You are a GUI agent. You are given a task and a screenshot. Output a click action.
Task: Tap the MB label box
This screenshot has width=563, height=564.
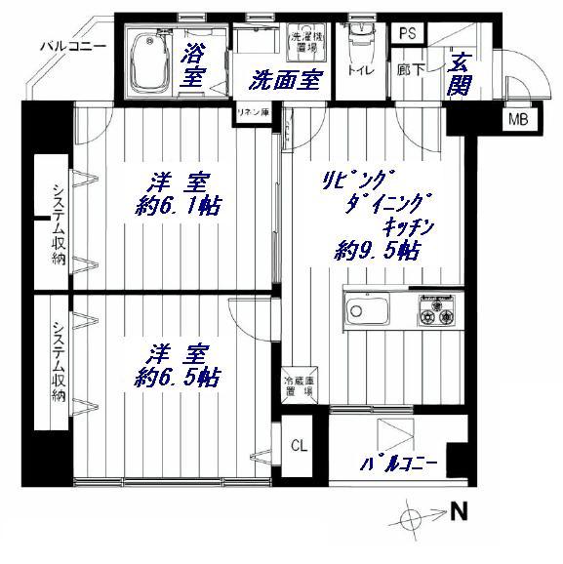514,120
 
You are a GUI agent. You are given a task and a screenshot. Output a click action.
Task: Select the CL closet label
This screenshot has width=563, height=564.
300,445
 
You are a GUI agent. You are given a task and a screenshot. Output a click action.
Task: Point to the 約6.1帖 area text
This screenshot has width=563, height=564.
177,207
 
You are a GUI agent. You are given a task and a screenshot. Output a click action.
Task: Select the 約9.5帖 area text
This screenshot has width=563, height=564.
377,251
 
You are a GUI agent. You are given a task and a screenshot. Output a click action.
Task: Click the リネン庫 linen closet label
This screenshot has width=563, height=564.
250,114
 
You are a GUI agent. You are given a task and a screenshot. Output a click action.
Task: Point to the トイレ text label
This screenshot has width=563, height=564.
359,70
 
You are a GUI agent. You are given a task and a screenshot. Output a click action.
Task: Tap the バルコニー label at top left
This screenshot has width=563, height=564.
67,45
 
